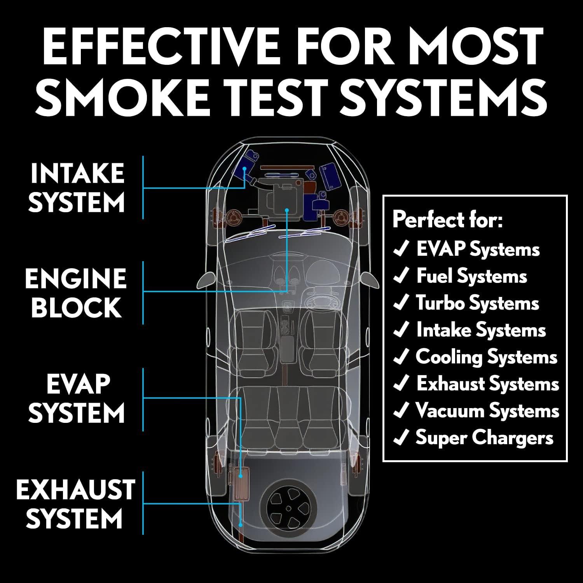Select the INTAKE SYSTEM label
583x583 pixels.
pos(77,188)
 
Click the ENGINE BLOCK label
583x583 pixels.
pos(76,293)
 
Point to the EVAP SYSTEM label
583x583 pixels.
pos(76,398)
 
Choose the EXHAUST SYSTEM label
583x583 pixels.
pos(75,504)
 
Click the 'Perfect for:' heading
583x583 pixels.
pos(447,220)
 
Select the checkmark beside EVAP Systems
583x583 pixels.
pos(400,249)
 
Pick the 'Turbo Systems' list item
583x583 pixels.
pos(477,303)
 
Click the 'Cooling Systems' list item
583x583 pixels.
pos(486,357)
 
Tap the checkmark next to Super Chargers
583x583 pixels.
pos(400,438)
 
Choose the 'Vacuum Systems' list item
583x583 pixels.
pos(487,411)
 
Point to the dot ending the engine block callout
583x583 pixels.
pos(287,210)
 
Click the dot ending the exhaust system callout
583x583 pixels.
pos(241,525)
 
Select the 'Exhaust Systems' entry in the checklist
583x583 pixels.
pos(487,384)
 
